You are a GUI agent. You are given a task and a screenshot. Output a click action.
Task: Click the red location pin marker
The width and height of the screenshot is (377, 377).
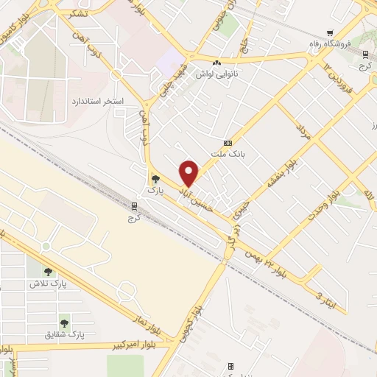190,173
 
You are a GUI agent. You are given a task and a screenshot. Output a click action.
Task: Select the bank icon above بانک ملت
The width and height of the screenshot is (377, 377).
228,143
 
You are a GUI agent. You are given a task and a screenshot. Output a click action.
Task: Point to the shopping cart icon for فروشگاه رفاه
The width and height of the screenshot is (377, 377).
330,33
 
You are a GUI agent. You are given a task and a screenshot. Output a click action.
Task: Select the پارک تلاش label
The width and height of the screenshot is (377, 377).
48,283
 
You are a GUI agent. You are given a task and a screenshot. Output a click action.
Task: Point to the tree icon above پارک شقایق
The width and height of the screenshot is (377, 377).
65,323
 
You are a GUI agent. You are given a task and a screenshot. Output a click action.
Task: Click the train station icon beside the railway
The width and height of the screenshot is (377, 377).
134,205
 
